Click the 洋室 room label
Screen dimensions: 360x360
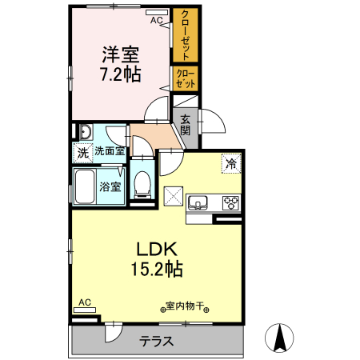pyautogui.click(x=121, y=55)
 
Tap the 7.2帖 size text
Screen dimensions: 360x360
pyautogui.click(x=121, y=75)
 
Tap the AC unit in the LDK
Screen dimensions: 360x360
pyautogui.click(x=84, y=303)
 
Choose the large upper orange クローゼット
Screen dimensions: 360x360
pyautogui.click(x=186, y=36)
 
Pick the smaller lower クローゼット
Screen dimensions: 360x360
pyautogui.click(x=186, y=78)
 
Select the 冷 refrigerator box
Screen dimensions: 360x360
pyautogui.click(x=231, y=163)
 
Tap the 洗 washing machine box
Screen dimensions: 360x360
pyautogui.click(x=82, y=150)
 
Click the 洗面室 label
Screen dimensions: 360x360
pyautogui.click(x=110, y=150)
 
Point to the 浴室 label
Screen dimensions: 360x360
pyautogui.click(x=110, y=186)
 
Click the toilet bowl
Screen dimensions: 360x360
pyautogui.click(x=142, y=183)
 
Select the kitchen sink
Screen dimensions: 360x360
pyautogui.click(x=199, y=202)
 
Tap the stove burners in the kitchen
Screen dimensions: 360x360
pyautogui.click(x=231, y=202)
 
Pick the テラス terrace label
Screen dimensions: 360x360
pyautogui.click(x=157, y=342)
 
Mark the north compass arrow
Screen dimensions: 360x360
pyautogui.click(x=281, y=336)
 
